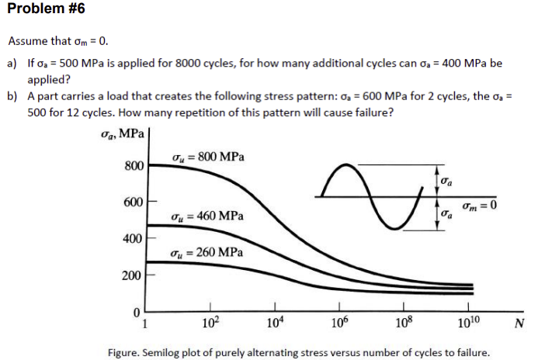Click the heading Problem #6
(x=43, y=9)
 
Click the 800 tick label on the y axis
(x=133, y=166)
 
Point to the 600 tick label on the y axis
(x=133, y=202)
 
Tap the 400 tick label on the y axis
(x=133, y=238)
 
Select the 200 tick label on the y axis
(x=133, y=275)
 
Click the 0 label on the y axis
(x=137, y=312)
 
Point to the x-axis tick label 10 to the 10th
(x=469, y=323)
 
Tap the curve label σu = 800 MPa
(x=207, y=157)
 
